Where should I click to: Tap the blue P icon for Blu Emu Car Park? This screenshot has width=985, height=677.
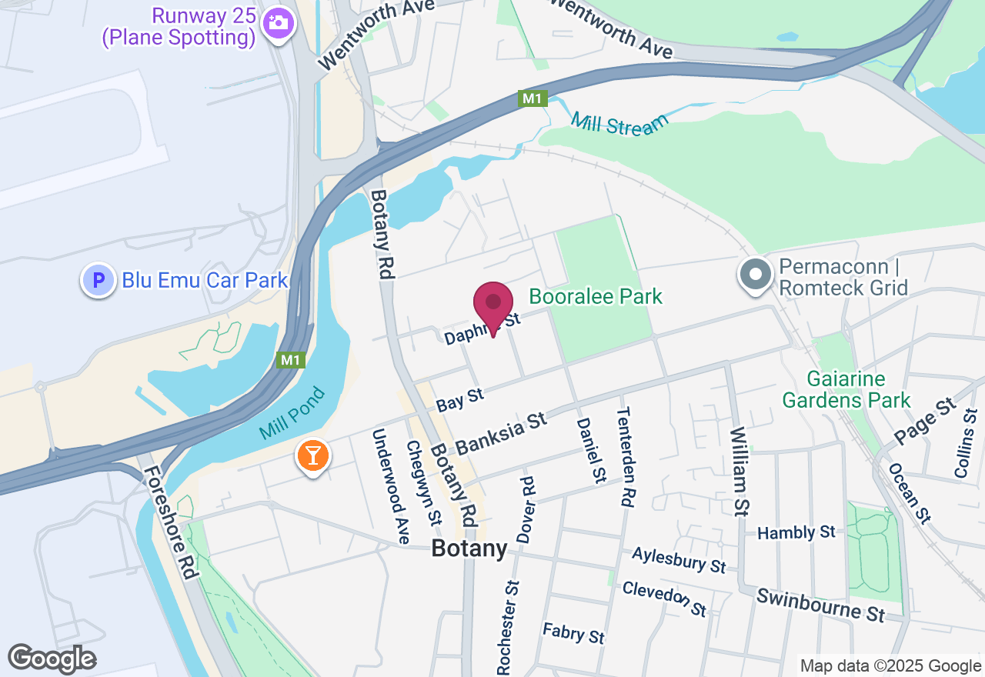[x=98, y=281]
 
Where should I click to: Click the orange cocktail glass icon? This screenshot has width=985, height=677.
[x=312, y=456]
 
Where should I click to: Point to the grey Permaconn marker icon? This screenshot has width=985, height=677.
[x=756, y=275]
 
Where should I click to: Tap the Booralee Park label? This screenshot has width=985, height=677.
[x=596, y=297]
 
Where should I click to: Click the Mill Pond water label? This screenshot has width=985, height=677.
[x=293, y=413]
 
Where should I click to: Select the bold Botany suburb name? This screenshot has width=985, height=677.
[x=469, y=549]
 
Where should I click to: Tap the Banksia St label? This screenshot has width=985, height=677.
[x=500, y=433]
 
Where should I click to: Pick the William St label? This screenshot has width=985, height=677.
[x=740, y=471]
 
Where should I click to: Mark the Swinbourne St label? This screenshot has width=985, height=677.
[x=820, y=605]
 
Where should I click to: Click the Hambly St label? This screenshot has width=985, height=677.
[x=796, y=532]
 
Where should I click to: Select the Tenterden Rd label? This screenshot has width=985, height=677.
[x=626, y=457]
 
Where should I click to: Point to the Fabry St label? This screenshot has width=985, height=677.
[x=573, y=633]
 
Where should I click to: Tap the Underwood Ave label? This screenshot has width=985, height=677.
[x=390, y=486]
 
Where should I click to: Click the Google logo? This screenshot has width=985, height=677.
[x=52, y=659]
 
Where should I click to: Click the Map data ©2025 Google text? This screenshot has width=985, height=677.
[x=890, y=666]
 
